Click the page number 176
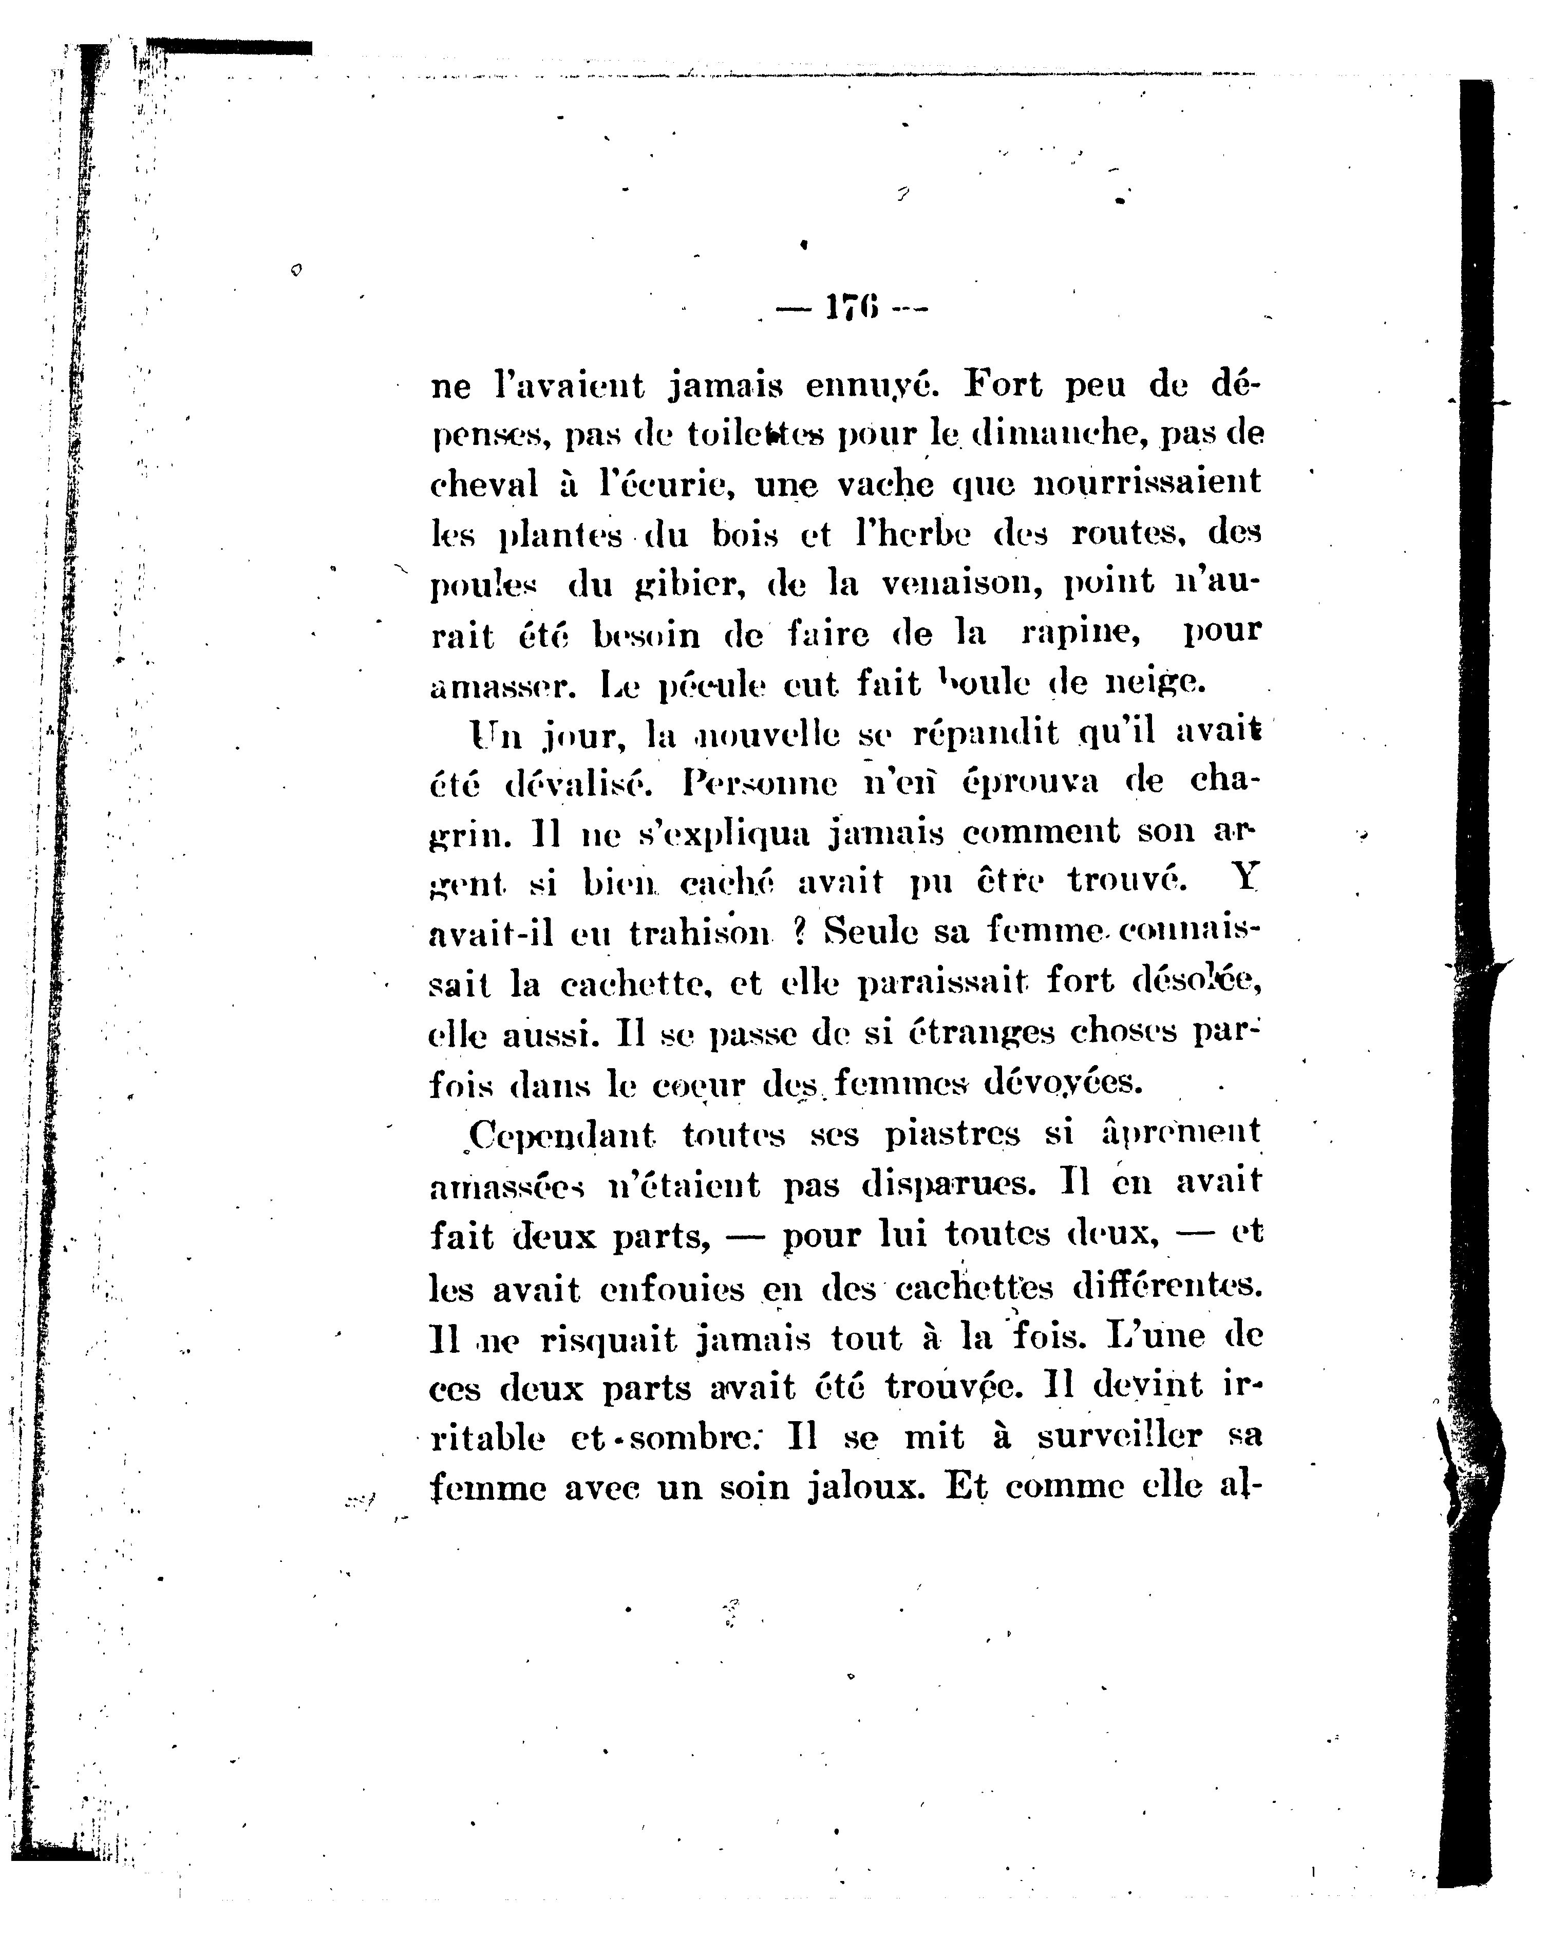(x=852, y=308)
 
